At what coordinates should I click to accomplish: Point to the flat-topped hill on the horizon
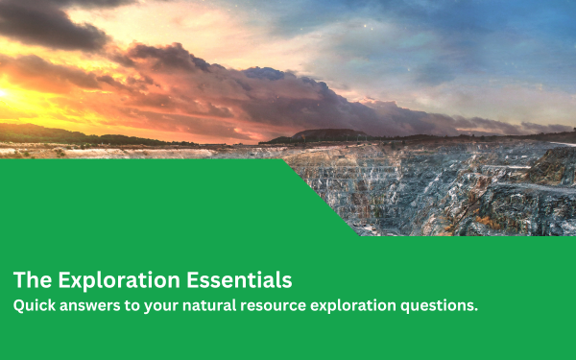326,135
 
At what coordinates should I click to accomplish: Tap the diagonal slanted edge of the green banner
322,197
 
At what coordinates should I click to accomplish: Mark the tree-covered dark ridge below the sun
38,132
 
